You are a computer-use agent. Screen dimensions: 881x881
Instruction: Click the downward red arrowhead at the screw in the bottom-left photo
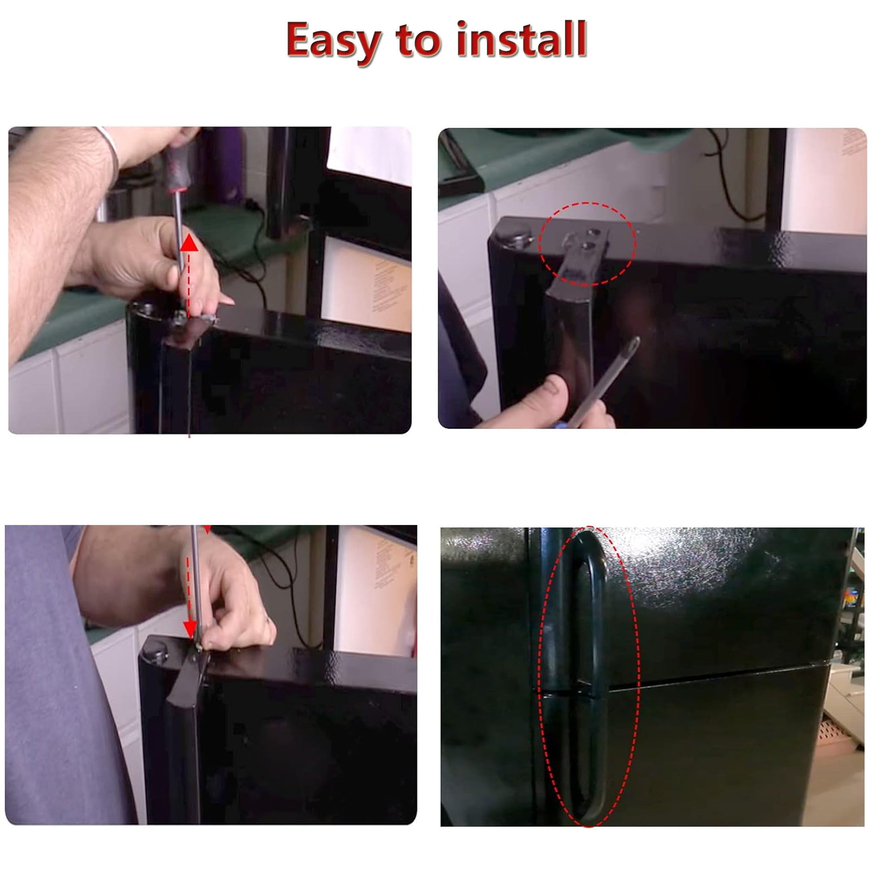tap(190, 630)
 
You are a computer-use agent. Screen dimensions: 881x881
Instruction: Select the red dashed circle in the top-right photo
tap(587, 244)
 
